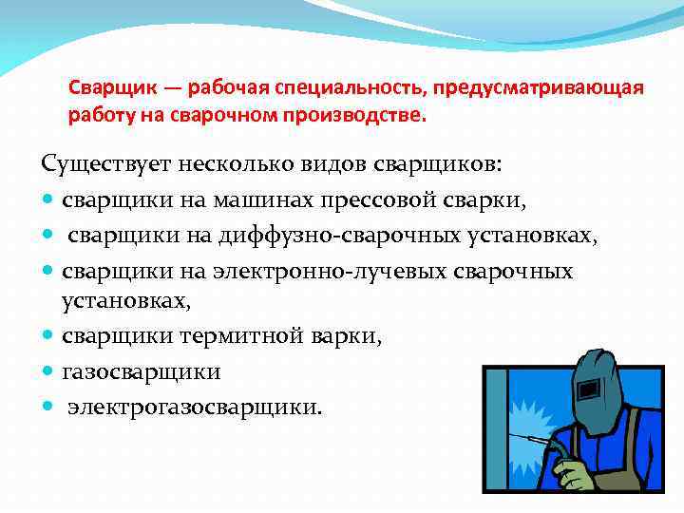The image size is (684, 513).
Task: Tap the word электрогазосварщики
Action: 195,406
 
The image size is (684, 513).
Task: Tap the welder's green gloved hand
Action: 574,469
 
